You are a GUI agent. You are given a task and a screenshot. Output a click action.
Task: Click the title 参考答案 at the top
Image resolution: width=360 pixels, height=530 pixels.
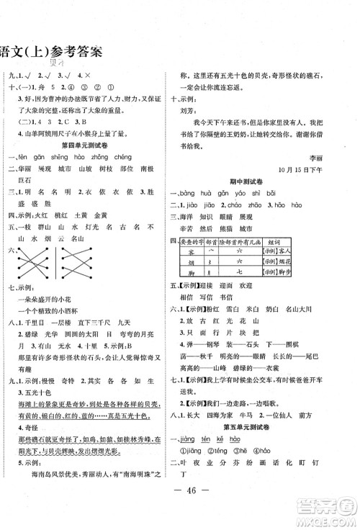point(71,50)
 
